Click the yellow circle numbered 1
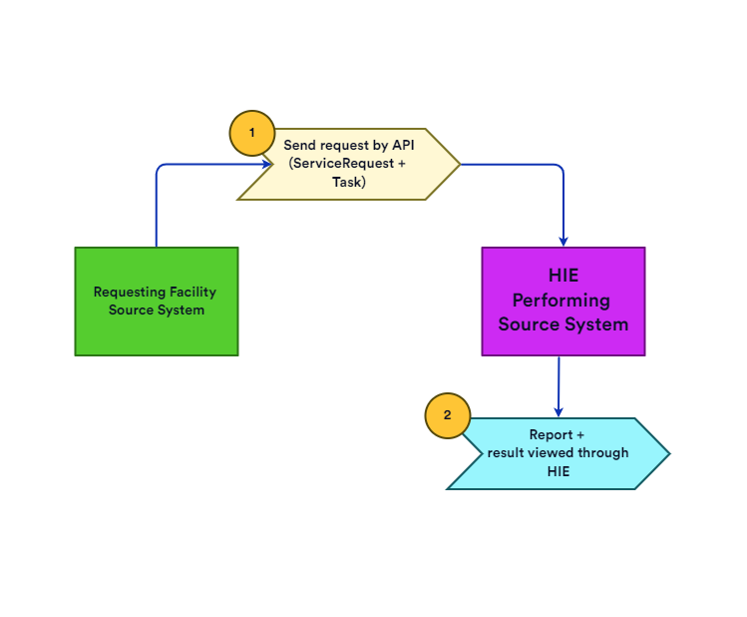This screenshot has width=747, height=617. pyautogui.click(x=252, y=133)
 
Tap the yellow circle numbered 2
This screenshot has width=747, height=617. pyautogui.click(x=448, y=415)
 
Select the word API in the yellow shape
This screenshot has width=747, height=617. pyautogui.click(x=402, y=146)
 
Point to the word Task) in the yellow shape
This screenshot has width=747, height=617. pyautogui.click(x=349, y=182)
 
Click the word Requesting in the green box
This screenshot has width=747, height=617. pyautogui.click(x=126, y=293)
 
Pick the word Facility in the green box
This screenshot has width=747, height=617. pyautogui.click(x=189, y=293)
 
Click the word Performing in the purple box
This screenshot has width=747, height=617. pyautogui.click(x=562, y=301)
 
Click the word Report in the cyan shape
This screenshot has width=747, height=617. pyautogui.click(x=551, y=435)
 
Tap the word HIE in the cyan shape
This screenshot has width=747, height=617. pyautogui.click(x=558, y=471)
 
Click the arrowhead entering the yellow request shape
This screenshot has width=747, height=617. pyautogui.click(x=266, y=164)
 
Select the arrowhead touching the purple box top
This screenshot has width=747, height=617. pyautogui.click(x=563, y=241)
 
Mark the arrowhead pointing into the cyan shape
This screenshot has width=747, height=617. pyautogui.click(x=558, y=411)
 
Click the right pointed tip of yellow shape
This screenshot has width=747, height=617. pyautogui.click(x=459, y=164)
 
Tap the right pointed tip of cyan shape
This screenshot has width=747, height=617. pyautogui.click(x=668, y=454)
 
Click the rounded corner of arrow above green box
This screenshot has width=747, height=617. pyautogui.click(x=161, y=168)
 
